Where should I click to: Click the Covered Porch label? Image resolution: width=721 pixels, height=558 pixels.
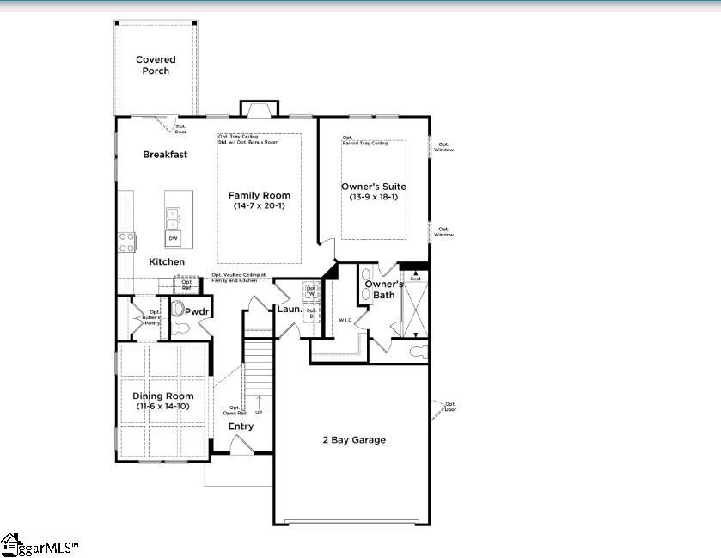(156, 65)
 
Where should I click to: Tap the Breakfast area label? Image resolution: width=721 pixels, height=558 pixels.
(165, 155)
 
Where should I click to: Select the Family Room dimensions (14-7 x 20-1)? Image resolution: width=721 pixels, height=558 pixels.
(259, 206)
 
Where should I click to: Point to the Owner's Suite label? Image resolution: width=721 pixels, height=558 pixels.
(374, 187)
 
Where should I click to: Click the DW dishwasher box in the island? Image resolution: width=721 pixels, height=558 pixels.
(174, 238)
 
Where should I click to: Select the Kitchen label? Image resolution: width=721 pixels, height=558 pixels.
(167, 261)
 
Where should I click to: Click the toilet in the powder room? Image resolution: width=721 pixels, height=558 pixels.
(179, 328)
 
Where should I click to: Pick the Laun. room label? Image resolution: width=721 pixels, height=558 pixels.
(289, 309)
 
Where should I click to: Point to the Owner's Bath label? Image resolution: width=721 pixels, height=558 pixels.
(383, 290)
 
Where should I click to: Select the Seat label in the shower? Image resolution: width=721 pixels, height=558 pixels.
(415, 279)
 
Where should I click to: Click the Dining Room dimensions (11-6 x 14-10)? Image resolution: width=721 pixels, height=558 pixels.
(162, 407)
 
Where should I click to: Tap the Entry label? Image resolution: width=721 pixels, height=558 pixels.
(241, 426)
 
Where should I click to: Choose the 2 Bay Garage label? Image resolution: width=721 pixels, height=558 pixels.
(354, 440)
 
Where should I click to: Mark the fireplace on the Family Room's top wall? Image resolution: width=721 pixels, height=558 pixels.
(258, 109)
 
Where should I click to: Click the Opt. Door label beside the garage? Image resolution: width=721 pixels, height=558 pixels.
(450, 406)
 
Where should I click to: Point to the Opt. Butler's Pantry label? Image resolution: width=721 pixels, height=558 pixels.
(154, 317)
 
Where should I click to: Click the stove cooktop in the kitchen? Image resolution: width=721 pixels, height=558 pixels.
(128, 242)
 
